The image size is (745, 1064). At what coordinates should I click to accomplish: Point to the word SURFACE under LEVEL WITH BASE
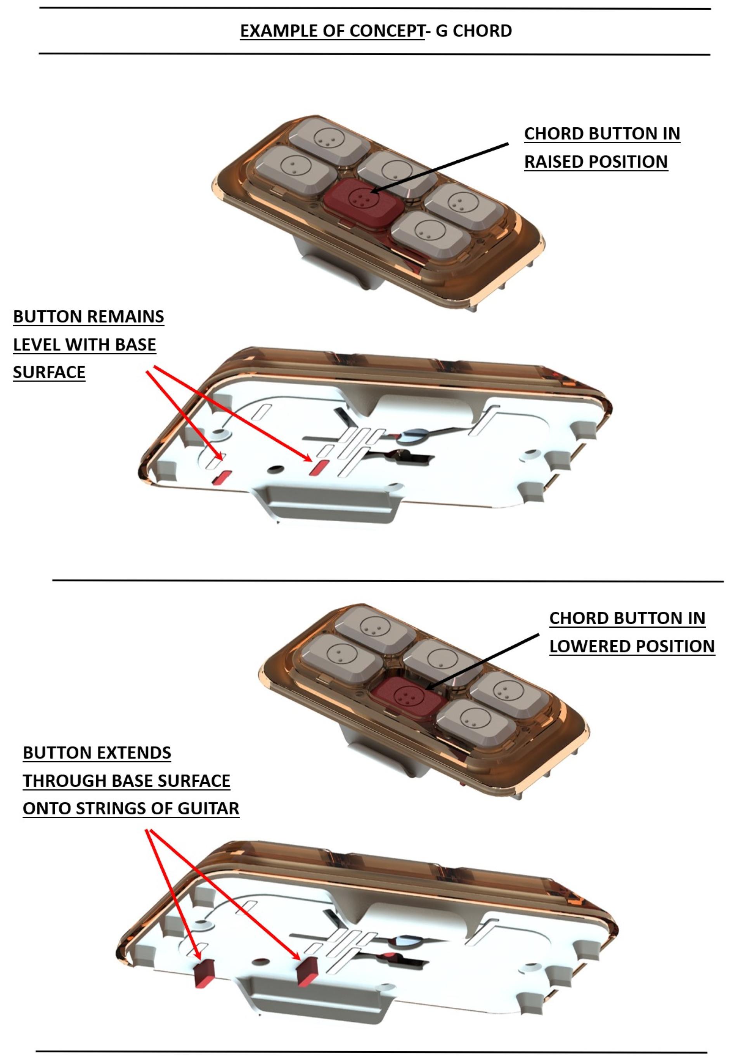click(49, 372)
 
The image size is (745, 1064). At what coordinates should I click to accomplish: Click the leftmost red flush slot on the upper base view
click(222, 477)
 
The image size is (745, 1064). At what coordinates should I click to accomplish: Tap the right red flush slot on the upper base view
click(320, 467)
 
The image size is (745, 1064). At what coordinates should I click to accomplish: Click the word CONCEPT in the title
click(387, 31)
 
